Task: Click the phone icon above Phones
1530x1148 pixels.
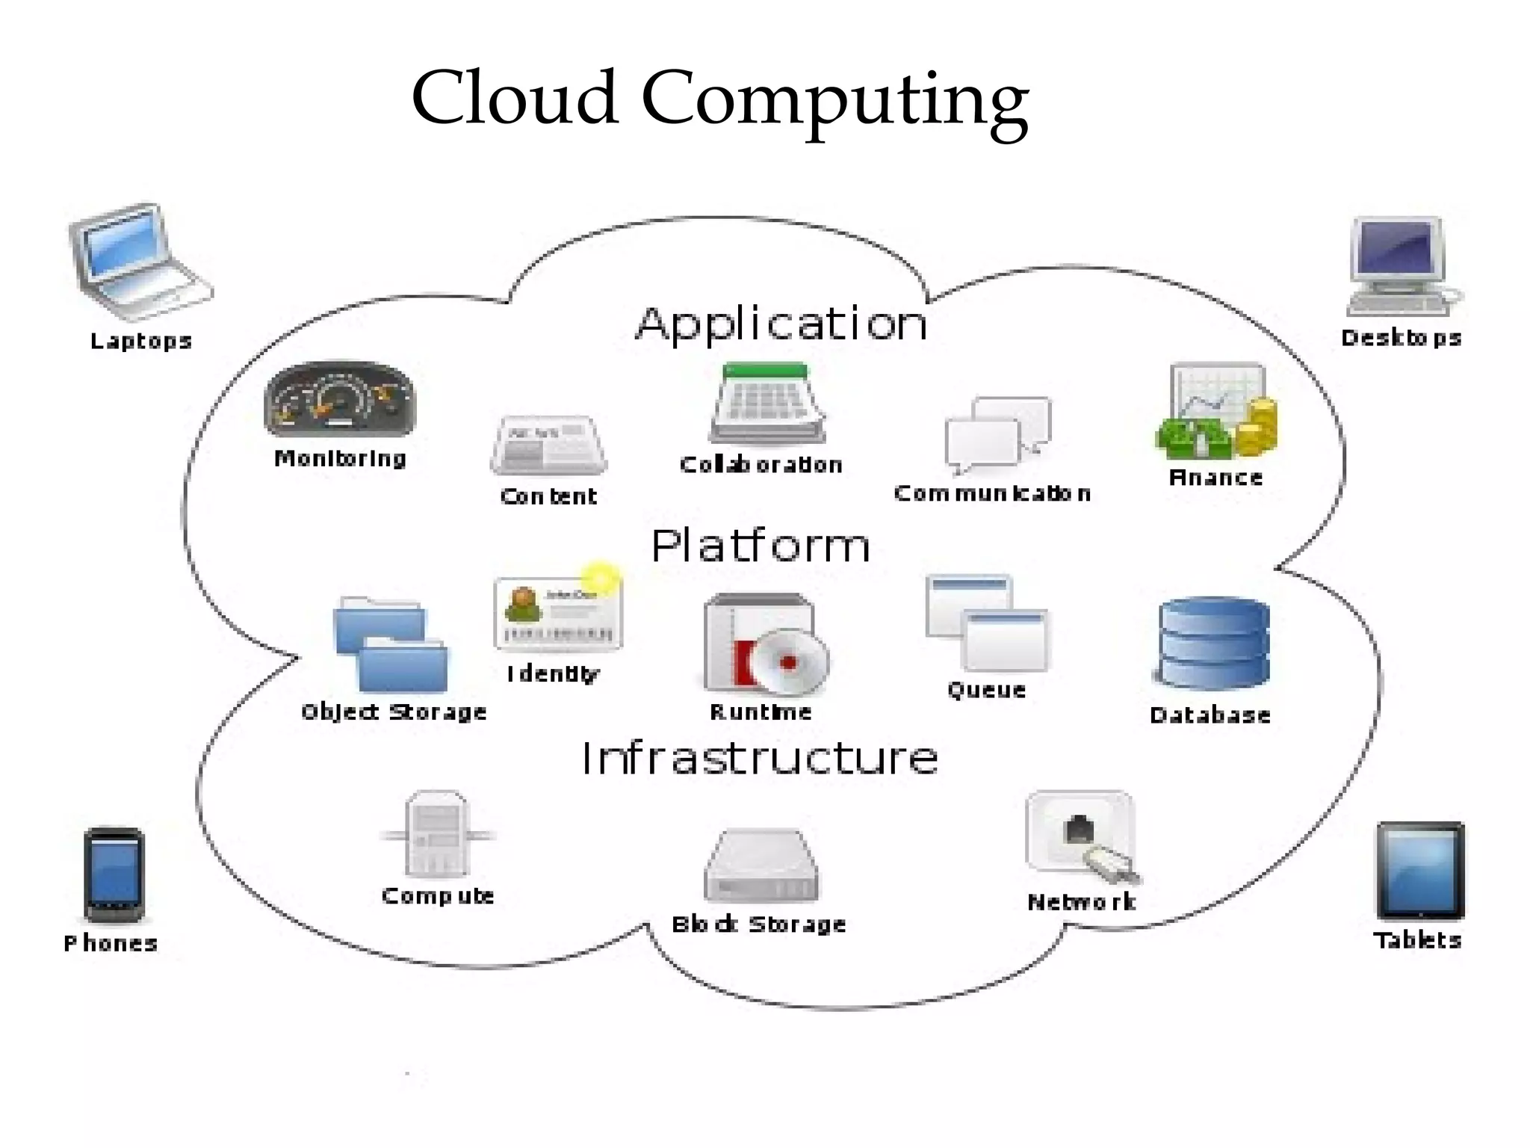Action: tap(114, 875)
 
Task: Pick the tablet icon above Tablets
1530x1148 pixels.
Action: tap(1419, 871)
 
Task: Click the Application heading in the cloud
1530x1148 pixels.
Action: tap(781, 324)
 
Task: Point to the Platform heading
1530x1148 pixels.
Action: tap(761, 545)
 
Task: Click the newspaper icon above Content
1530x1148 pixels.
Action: tap(549, 445)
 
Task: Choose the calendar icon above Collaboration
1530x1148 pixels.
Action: tap(766, 404)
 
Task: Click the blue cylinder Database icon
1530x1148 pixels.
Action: tap(1213, 644)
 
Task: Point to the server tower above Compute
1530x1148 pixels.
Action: tap(437, 834)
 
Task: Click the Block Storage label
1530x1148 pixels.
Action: tap(759, 925)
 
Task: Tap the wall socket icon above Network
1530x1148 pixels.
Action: tap(1080, 833)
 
